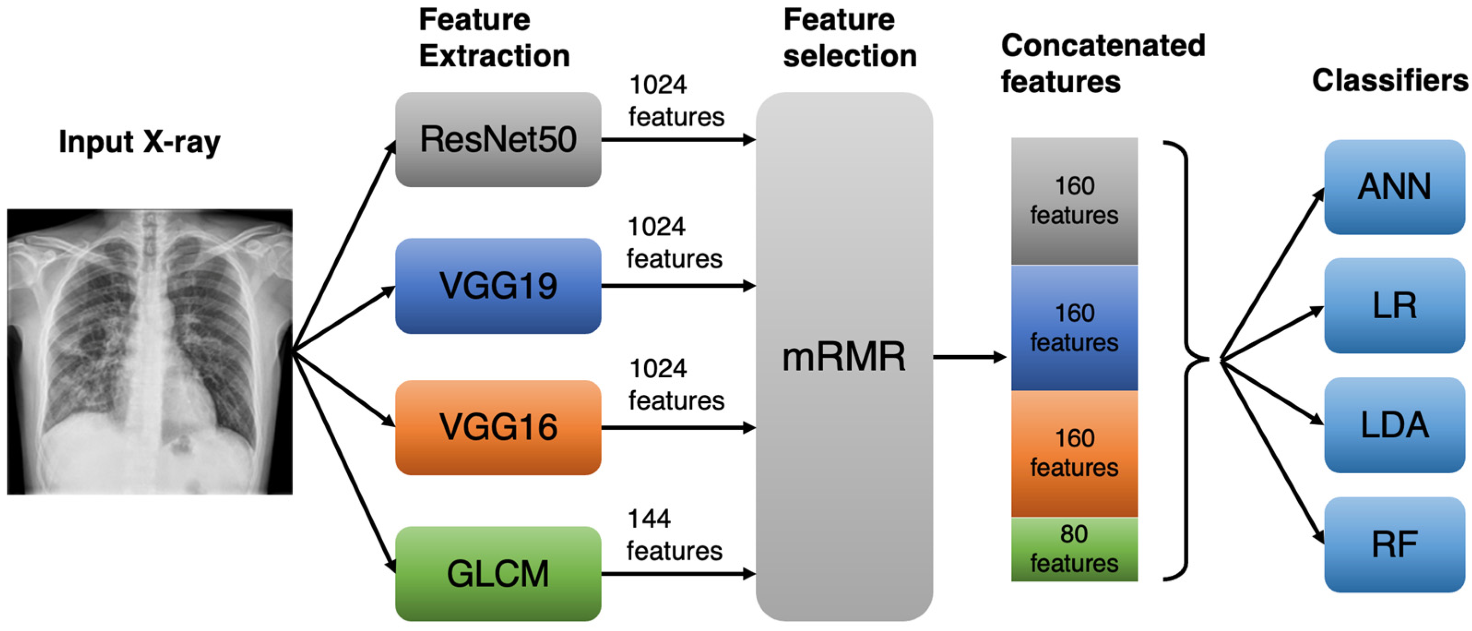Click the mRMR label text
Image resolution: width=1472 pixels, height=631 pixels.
844,357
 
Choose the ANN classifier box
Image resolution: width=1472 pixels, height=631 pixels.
1394,187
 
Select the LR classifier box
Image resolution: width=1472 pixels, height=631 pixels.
1394,305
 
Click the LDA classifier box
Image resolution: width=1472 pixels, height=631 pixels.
1394,425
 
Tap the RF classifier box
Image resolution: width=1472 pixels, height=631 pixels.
1394,544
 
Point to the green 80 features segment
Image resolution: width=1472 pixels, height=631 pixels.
1074,549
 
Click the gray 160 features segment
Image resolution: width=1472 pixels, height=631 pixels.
1074,201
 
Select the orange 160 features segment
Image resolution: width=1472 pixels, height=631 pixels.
1074,454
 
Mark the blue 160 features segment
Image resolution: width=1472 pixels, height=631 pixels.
1074,328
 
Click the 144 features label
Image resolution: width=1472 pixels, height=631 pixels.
674,535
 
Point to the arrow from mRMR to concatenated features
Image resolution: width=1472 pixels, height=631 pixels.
970,357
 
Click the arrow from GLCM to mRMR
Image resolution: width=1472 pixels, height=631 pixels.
678,574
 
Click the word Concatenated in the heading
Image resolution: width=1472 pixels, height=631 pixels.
1104,45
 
